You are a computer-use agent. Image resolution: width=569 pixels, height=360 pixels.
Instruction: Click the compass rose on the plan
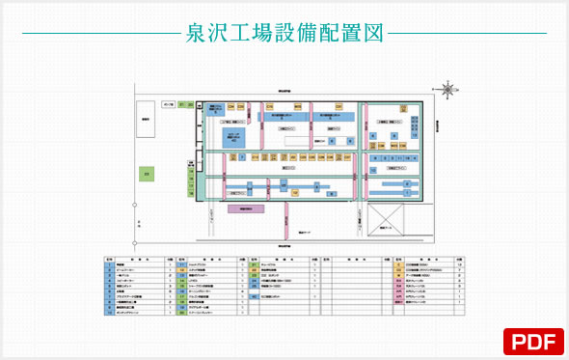(447, 91)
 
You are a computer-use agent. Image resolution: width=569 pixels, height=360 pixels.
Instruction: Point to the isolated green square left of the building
(147, 174)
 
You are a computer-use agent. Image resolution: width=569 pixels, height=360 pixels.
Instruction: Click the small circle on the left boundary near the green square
(137, 207)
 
